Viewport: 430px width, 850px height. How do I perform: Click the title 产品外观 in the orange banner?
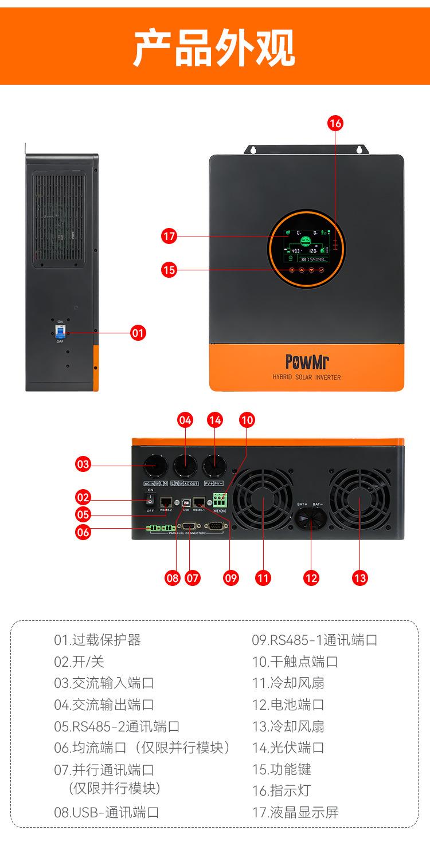coord(214,47)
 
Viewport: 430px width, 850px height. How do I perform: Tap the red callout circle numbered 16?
coord(335,123)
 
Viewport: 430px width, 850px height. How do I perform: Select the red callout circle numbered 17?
coord(169,236)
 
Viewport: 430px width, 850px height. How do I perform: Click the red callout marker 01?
coord(138,332)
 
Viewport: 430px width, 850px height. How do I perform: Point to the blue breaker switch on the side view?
coord(60,332)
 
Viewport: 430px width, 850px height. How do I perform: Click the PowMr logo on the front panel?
coord(307,361)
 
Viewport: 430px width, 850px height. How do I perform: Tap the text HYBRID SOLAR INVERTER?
coord(307,377)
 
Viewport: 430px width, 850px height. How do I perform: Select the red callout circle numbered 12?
coord(311,578)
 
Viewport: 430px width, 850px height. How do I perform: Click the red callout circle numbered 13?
coord(360,578)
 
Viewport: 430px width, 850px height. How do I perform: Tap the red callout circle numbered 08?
coord(173,578)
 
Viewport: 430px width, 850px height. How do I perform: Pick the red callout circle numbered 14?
coord(215,420)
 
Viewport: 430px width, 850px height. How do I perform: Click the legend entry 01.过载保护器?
coord(97,640)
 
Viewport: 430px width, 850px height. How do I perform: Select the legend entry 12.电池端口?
coord(288,705)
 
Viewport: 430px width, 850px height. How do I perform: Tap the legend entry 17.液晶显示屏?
coord(295,812)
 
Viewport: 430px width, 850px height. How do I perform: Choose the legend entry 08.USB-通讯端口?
coord(106,812)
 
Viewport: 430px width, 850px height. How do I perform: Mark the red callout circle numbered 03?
coord(84,464)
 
